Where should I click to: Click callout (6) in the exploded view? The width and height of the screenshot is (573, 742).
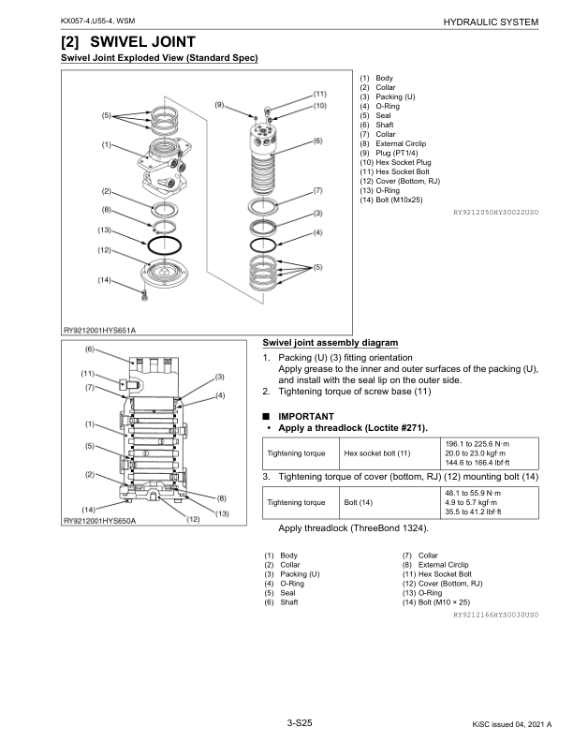click(317, 141)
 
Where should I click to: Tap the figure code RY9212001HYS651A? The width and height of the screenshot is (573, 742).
click(99, 330)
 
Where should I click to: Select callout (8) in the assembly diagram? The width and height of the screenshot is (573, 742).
click(222, 497)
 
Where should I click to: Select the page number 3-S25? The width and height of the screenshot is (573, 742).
click(300, 723)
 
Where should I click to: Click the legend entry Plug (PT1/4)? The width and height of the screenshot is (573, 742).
click(404, 152)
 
